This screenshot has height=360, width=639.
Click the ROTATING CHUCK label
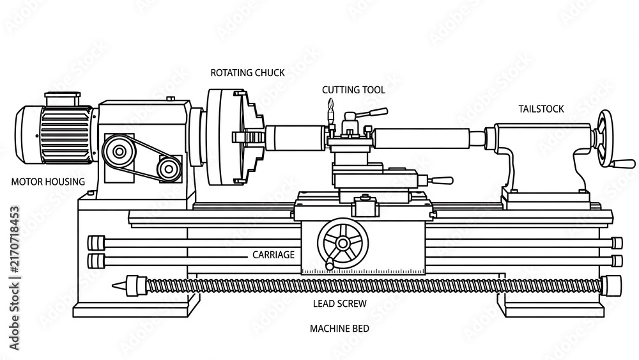tap(247, 73)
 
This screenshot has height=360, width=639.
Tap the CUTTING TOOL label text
tap(353, 90)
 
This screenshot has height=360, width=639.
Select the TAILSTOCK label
tap(541, 109)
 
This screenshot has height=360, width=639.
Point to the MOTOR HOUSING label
tap(48, 182)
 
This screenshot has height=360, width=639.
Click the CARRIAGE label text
tap(273, 254)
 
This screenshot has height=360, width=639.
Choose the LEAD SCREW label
tap(340, 304)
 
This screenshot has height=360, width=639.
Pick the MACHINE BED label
tap(339, 329)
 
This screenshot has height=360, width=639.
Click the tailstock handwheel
tap(604, 139)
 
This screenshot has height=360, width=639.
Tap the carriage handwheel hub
tap(343, 244)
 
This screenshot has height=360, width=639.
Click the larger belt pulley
tap(119, 152)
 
